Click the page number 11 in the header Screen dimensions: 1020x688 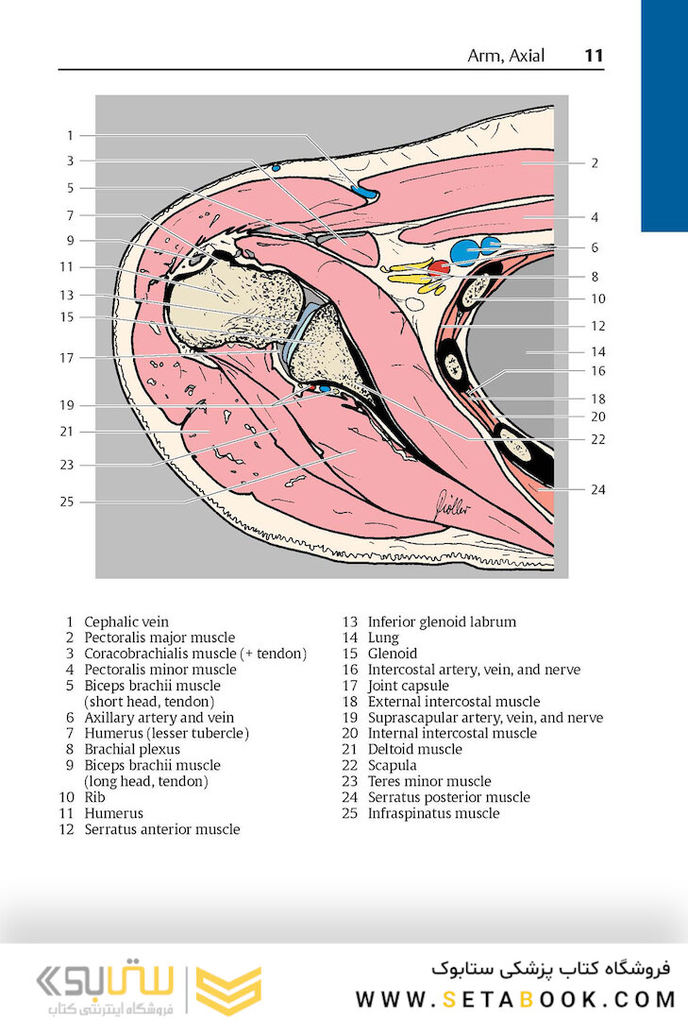[593, 56]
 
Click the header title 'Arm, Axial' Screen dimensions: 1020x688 [506, 56]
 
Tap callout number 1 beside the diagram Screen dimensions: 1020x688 [70, 135]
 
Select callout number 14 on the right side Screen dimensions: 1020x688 [597, 351]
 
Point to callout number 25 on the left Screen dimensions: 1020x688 [66, 501]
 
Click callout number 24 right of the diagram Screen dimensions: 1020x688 [597, 489]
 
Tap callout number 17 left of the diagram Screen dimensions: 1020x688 [66, 358]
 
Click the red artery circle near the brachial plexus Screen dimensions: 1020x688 [439, 267]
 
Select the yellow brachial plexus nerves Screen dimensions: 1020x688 [413, 279]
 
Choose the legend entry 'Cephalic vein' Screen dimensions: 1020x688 [126, 621]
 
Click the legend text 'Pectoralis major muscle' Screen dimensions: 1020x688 [159, 637]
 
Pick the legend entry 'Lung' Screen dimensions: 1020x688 [383, 637]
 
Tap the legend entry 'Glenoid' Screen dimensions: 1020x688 [392, 654]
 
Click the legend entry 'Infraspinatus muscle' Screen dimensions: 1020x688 [433, 813]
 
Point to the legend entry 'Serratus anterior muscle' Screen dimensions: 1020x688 [161, 829]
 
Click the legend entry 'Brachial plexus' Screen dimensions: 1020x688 [132, 749]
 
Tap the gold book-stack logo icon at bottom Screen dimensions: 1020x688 [228, 990]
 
